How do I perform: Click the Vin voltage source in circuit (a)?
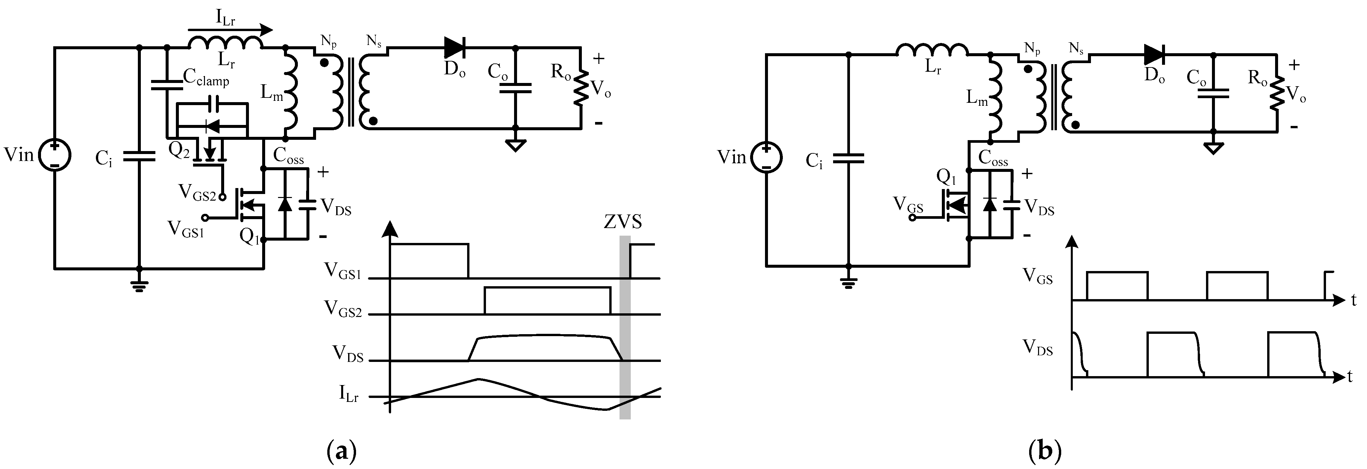point(54,155)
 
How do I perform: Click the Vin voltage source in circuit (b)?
point(766,158)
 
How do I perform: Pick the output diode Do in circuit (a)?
point(454,48)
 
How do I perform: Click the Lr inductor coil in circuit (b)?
point(932,50)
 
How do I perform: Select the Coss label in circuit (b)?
point(993,158)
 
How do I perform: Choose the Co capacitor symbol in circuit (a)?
point(515,88)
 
